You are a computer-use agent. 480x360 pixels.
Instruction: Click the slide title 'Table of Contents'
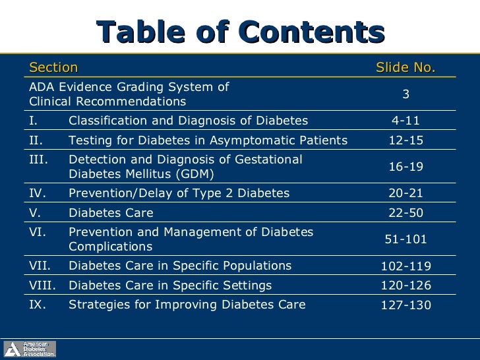tap(240, 32)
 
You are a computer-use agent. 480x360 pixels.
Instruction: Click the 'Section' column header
tap(53, 67)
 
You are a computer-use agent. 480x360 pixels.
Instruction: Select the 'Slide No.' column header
tap(405, 67)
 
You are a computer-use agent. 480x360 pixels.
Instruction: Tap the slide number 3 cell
tap(406, 94)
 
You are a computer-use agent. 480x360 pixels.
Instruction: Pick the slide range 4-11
tap(406, 121)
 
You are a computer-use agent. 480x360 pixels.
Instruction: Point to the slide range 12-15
tap(406, 140)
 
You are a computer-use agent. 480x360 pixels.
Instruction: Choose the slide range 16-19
tap(406, 167)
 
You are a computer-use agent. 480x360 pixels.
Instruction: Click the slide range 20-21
tap(406, 193)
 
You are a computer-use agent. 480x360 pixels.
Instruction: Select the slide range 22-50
tap(406, 213)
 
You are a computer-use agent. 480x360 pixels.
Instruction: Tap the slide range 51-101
tap(406, 239)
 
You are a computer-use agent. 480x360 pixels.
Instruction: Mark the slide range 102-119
tap(406, 266)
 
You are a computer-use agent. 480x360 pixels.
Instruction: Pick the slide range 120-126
tap(406, 285)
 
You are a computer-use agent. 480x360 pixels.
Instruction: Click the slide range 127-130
tap(406, 305)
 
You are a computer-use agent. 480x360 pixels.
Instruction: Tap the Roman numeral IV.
tap(37, 193)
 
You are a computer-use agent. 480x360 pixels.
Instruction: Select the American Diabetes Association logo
tap(30, 349)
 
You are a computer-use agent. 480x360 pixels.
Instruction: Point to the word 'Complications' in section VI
tap(110, 247)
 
